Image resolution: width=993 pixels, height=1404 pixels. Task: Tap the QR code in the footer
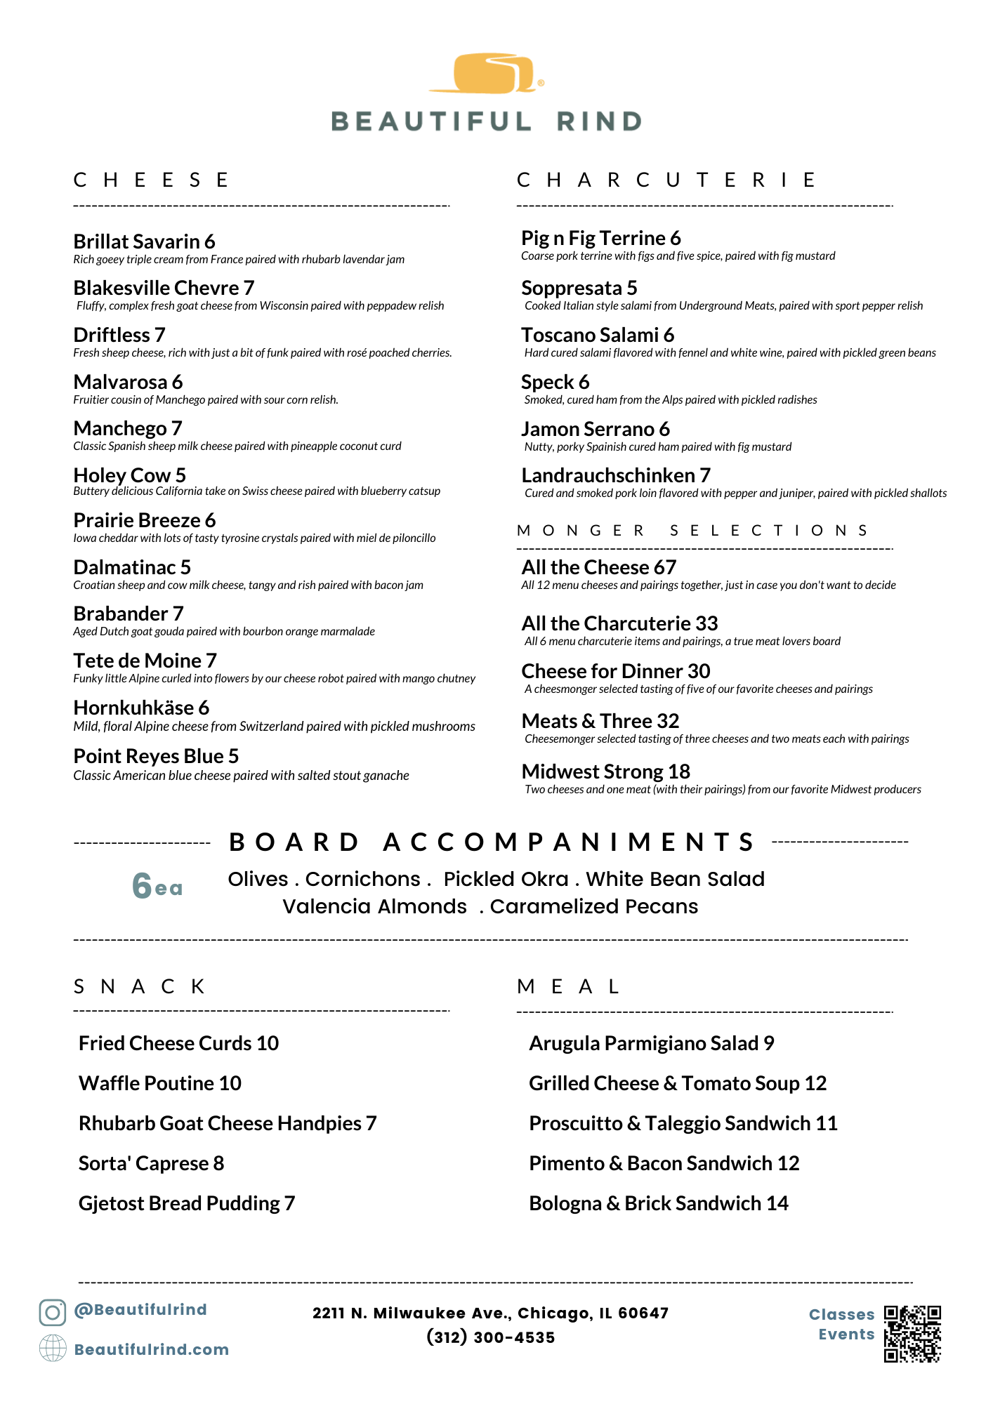tap(912, 1334)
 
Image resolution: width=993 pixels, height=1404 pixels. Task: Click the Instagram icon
tap(52, 1312)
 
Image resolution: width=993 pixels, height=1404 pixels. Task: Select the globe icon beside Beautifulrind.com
tap(53, 1349)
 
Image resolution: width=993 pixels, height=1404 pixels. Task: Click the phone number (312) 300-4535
tap(490, 1337)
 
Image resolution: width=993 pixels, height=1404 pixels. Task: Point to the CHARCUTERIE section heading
tap(667, 180)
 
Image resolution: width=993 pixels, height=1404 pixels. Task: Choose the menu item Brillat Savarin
tap(137, 241)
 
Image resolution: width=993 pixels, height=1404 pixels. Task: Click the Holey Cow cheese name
tap(122, 475)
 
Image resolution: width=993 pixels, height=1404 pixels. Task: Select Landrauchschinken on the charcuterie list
tap(608, 475)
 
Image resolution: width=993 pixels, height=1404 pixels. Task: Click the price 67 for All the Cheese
tap(664, 567)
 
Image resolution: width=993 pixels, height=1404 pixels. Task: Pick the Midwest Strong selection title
tap(593, 771)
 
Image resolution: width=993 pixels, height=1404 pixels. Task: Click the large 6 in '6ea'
tap(142, 886)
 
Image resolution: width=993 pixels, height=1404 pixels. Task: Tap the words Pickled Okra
tap(506, 879)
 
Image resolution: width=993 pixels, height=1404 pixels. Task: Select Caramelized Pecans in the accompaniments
tap(593, 906)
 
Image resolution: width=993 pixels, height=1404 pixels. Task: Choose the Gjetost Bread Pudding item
tap(180, 1203)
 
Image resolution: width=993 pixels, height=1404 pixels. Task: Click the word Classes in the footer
tap(841, 1314)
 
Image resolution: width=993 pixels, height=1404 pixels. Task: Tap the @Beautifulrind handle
tap(140, 1309)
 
